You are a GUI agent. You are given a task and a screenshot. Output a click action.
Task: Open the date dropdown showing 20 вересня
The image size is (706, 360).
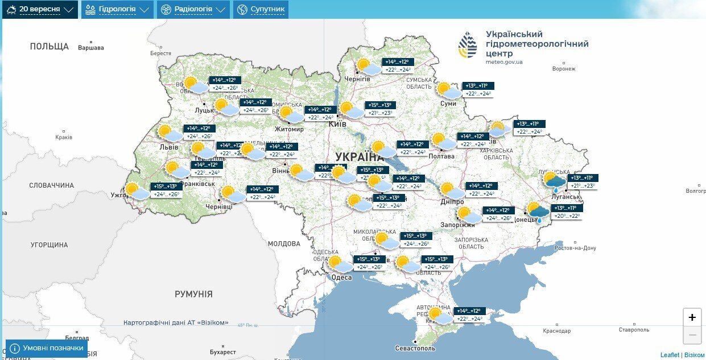[40, 10]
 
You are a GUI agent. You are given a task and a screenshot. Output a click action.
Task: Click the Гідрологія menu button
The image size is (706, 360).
[117, 10]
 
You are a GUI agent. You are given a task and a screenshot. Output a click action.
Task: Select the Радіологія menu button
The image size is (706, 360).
[193, 10]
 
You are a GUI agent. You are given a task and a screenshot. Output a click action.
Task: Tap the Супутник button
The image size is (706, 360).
[261, 10]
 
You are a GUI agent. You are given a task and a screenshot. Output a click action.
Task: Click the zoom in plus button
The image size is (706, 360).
[692, 317]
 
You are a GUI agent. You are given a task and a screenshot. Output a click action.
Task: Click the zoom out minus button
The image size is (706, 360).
[692, 335]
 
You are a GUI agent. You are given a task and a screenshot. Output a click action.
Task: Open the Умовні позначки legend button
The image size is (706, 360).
[47, 348]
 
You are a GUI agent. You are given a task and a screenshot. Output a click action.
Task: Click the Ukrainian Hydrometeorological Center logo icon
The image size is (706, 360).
[468, 45]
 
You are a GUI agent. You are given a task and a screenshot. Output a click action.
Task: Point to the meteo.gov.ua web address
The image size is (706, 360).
[504, 61]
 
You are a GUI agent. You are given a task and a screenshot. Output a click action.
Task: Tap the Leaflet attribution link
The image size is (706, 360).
[670, 355]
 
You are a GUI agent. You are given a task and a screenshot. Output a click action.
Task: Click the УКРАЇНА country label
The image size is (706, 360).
[359, 156]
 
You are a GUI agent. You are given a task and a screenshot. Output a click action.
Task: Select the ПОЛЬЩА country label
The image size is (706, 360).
[49, 47]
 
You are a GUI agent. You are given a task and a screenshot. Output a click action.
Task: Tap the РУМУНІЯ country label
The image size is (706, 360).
[193, 294]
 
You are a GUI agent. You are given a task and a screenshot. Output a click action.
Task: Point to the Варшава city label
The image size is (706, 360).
[91, 48]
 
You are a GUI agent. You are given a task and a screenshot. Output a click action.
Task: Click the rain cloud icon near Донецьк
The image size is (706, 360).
[538, 212]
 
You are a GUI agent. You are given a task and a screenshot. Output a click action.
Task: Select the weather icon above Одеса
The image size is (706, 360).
[340, 263]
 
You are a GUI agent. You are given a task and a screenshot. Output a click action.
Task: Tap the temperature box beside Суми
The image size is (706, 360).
[478, 90]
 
